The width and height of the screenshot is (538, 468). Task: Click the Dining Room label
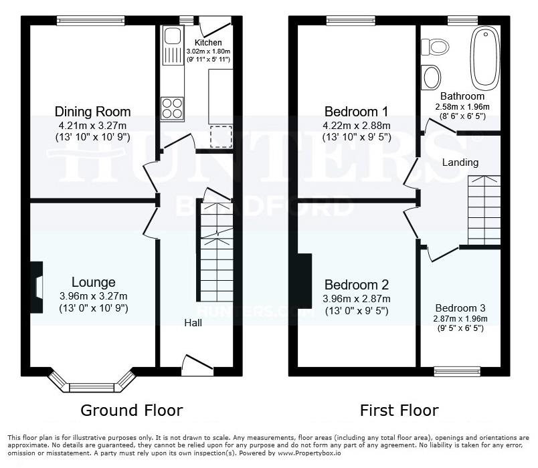tap(92, 112)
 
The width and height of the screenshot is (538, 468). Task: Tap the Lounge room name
tap(93, 283)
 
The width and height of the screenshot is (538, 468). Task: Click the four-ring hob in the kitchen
tap(172, 108)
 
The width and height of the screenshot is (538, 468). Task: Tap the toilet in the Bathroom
tap(434, 47)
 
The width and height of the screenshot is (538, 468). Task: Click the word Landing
tap(460, 162)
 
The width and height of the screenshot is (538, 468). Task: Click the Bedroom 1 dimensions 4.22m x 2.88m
tap(356, 125)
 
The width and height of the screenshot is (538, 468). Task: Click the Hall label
tap(193, 323)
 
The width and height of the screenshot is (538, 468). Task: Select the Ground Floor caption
tap(131, 410)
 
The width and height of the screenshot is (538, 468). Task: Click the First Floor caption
tap(399, 410)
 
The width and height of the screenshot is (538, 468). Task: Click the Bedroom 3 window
tap(458, 370)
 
